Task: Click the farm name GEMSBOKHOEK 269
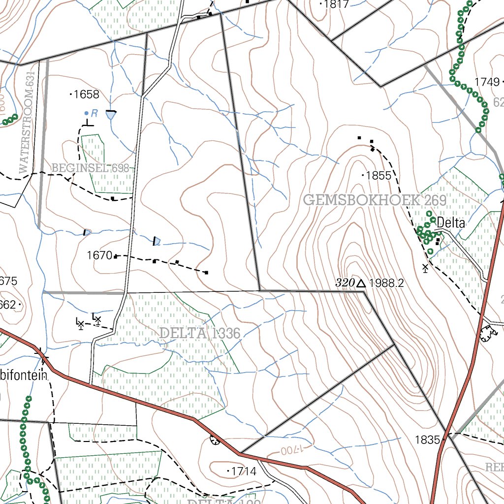375,200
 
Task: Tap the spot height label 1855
378,176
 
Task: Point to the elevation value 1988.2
386,283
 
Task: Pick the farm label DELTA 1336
200,333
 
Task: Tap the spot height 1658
86,94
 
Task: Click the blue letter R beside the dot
94,113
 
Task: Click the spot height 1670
99,255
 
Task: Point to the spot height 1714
244,471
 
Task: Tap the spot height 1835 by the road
427,440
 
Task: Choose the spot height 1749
487,82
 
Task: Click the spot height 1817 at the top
337,4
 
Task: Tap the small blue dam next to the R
111,115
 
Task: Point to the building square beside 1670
116,256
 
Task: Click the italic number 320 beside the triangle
345,283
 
